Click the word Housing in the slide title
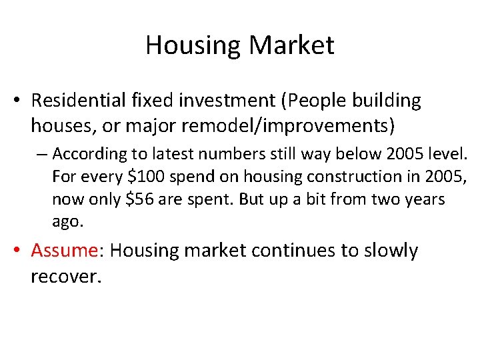193,45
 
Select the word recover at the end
63,275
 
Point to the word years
425,199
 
